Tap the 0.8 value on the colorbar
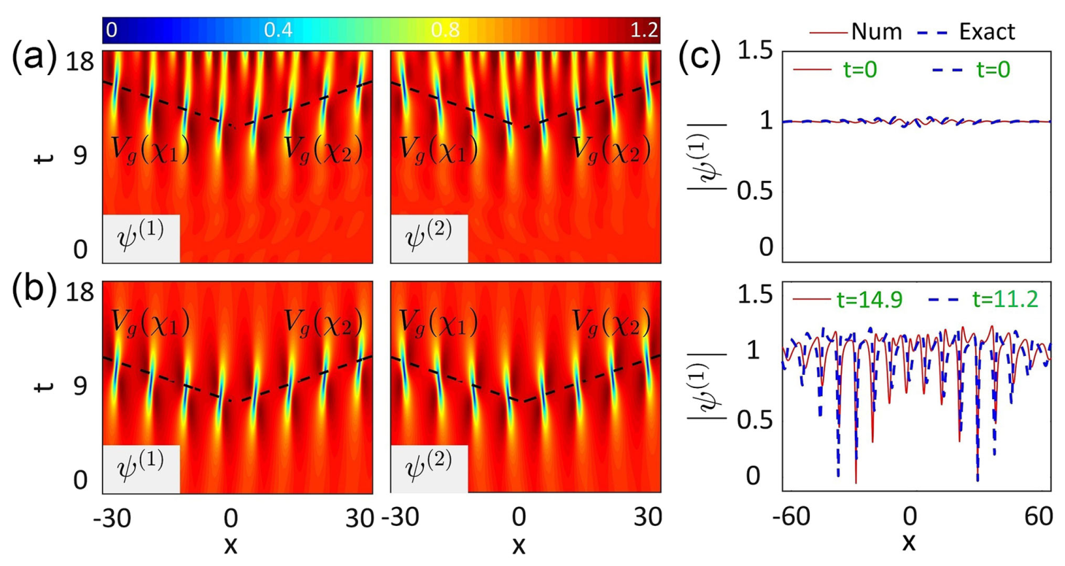(446, 30)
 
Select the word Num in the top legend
(875, 31)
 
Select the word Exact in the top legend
(988, 31)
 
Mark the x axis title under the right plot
(909, 543)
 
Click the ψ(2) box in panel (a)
(430, 241)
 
